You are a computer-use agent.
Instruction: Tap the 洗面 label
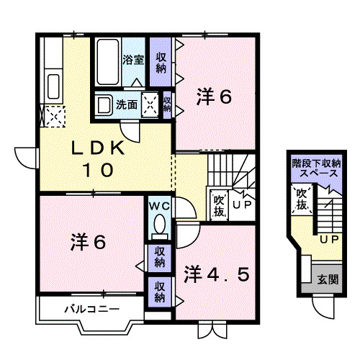[127, 104]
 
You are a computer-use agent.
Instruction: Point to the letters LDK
[99, 149]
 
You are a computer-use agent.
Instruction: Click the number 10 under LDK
[99, 171]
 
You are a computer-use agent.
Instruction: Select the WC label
[158, 206]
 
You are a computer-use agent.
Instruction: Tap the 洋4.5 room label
[217, 274]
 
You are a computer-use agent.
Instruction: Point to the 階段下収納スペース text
[313, 169]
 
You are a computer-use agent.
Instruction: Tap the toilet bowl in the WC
[158, 225]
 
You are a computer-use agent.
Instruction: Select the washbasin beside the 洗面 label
[104, 105]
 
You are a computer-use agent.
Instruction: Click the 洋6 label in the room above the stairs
[214, 98]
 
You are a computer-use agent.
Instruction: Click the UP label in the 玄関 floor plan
[329, 238]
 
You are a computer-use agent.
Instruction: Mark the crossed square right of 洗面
[151, 104]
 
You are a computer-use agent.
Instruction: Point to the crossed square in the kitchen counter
[54, 115]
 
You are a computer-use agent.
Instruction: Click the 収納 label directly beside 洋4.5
[158, 291]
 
